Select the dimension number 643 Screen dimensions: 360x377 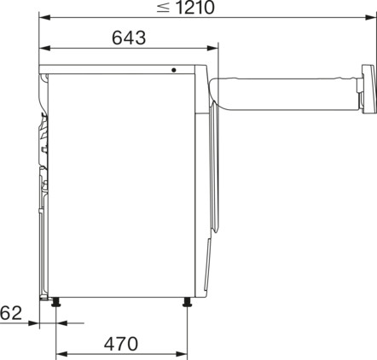(128, 38)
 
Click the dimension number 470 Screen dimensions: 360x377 (121, 345)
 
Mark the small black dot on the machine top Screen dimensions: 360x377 (173, 71)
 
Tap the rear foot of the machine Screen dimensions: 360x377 (56, 302)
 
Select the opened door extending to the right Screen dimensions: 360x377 (281, 91)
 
